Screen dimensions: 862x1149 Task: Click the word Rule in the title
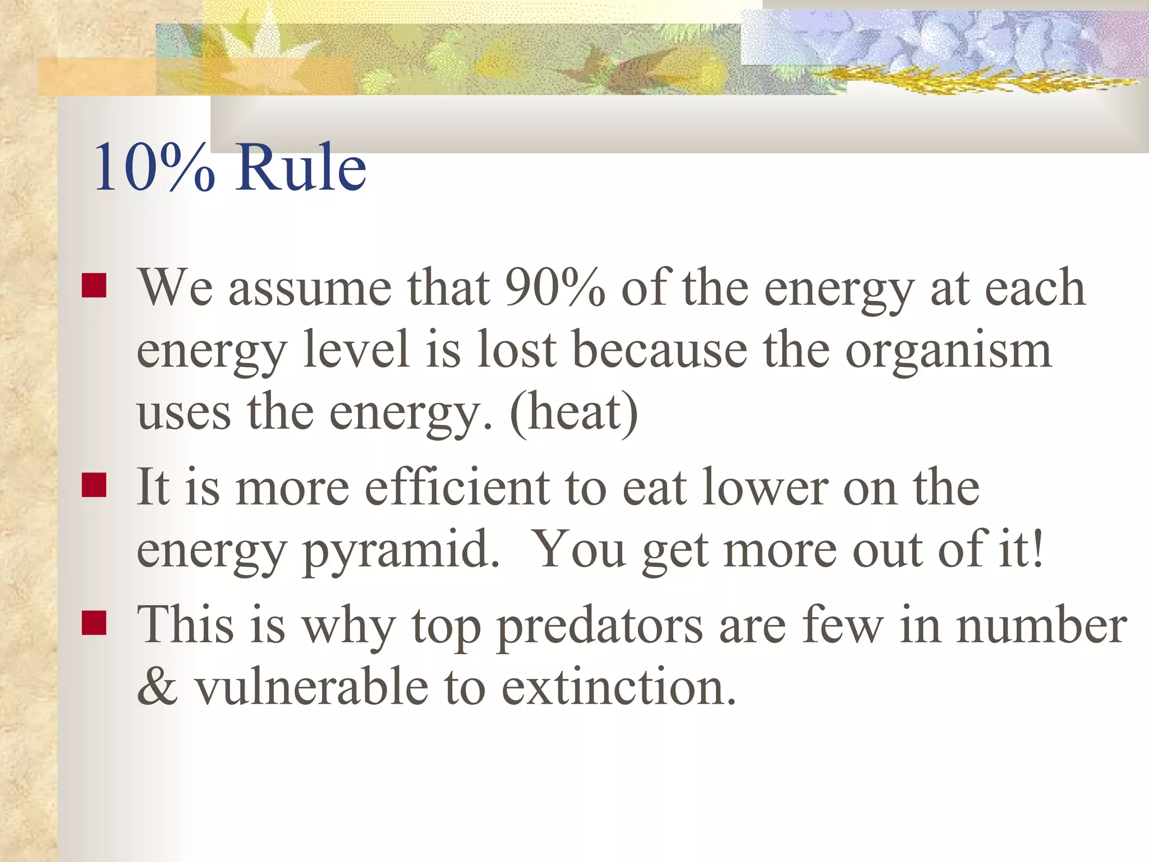pyautogui.click(x=301, y=167)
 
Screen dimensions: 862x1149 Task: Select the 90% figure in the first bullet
pyautogui.click(x=554, y=287)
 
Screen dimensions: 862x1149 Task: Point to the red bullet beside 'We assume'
pyautogui.click(x=94, y=285)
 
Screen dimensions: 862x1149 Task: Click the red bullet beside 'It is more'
pyautogui.click(x=94, y=485)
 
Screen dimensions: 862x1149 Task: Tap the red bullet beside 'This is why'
pyautogui.click(x=94, y=622)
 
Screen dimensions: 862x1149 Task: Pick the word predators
pyautogui.click(x=599, y=626)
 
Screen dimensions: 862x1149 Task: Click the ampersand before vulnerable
pyautogui.click(x=158, y=687)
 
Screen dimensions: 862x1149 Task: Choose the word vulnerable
pyautogui.click(x=311, y=687)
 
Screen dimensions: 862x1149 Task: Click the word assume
pyautogui.click(x=310, y=288)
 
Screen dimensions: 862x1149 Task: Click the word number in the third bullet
pyautogui.click(x=1041, y=625)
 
